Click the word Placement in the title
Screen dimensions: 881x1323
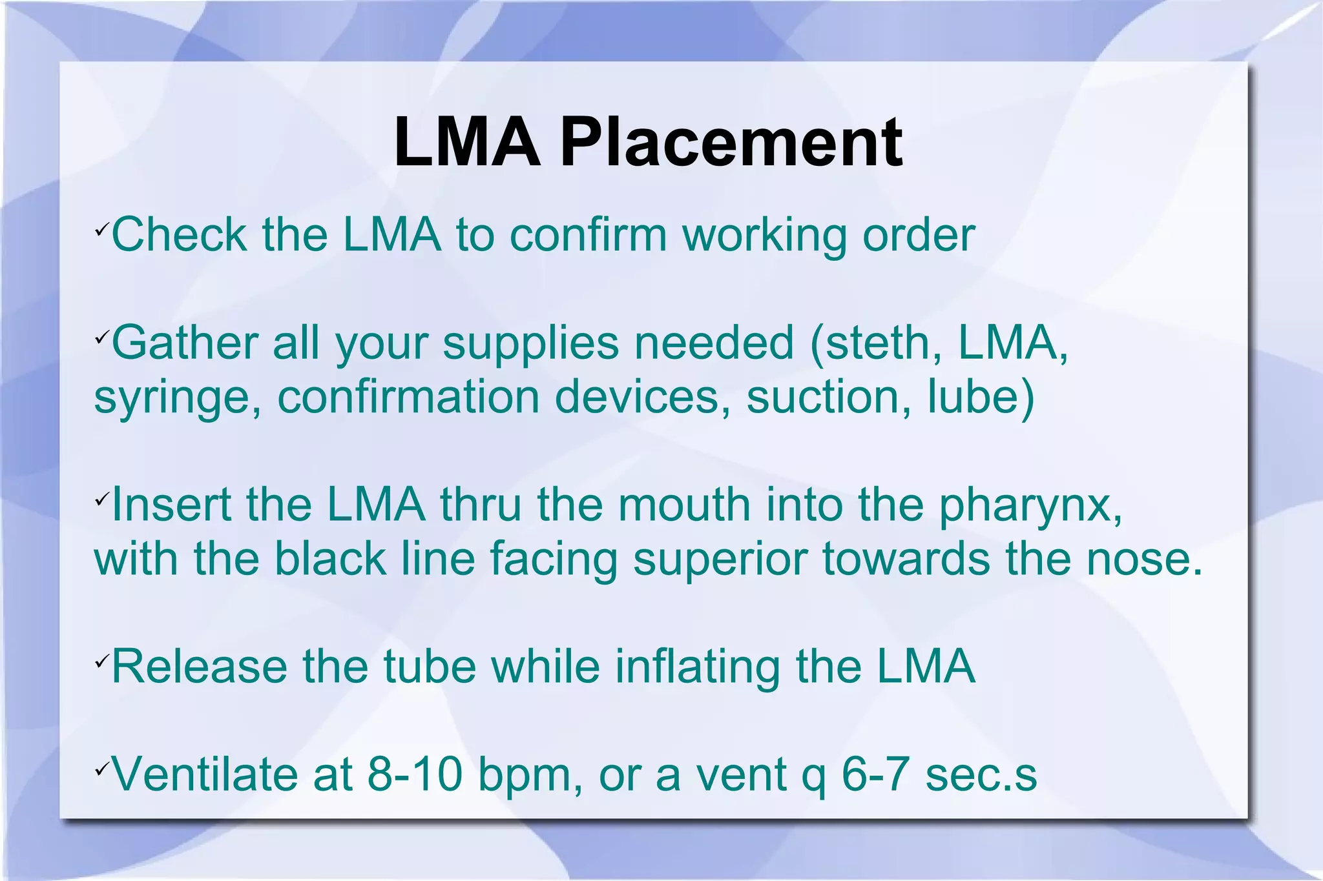click(x=731, y=143)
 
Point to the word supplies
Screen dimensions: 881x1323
click(x=530, y=343)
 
